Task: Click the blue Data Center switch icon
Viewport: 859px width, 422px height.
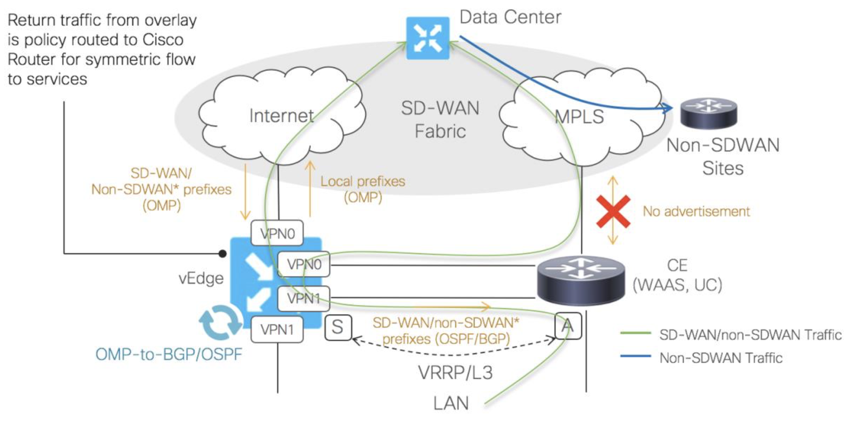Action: click(427, 38)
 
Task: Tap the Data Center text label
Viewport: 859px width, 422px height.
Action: click(510, 17)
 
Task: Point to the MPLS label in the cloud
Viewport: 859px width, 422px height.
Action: click(579, 117)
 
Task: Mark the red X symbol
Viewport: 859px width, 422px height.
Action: click(613, 212)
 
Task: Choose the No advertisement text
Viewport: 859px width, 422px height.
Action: click(696, 212)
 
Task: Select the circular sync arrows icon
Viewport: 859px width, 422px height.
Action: click(221, 322)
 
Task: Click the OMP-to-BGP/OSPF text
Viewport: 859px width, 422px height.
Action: click(169, 354)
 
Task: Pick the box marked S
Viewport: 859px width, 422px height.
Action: click(338, 327)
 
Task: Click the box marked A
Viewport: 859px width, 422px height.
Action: click(568, 326)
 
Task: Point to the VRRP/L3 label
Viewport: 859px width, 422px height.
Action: click(455, 373)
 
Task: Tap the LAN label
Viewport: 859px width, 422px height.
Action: click(451, 403)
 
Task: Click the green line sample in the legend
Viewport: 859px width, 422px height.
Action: click(635, 333)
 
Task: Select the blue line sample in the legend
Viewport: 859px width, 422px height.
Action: click(635, 356)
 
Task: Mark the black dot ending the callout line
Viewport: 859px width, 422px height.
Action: click(222, 254)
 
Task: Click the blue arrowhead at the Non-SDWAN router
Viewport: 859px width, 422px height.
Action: click(667, 108)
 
